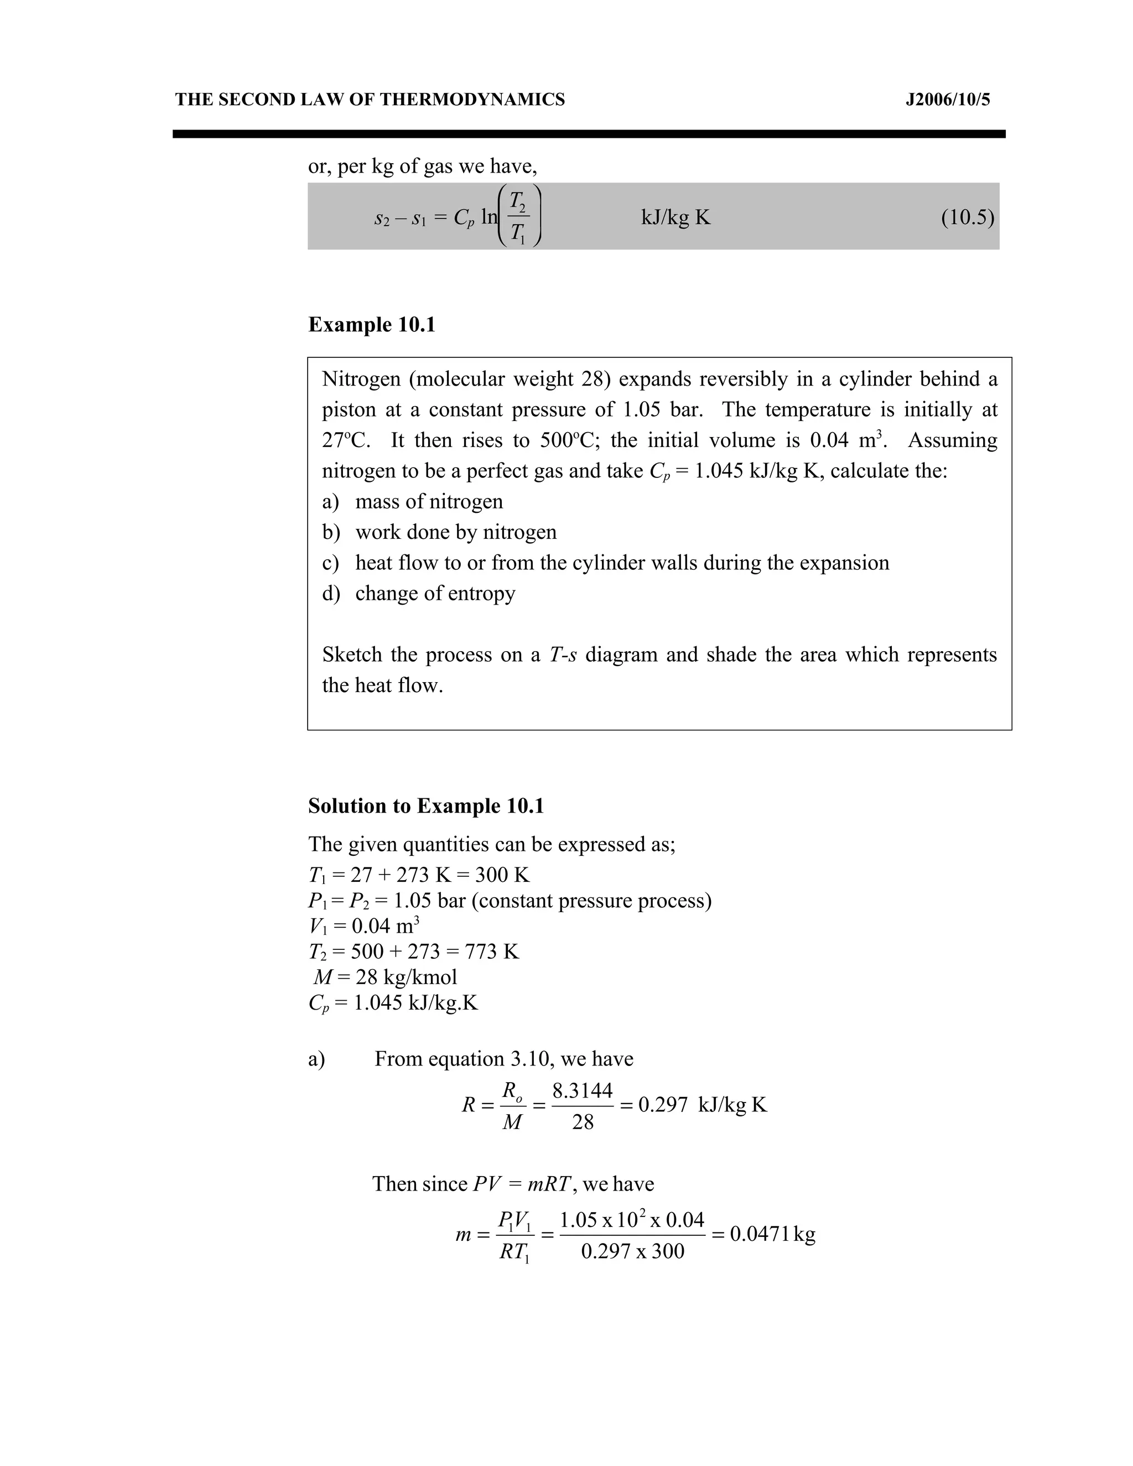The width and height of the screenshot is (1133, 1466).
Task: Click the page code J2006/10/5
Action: click(947, 100)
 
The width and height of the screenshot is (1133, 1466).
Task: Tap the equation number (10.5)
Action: click(967, 217)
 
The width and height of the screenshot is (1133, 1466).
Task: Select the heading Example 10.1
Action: click(372, 325)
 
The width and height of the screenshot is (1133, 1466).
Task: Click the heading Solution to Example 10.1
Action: click(425, 805)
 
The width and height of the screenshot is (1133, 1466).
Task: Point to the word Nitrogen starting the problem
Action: click(362, 380)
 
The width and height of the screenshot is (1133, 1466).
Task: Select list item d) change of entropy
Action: click(419, 594)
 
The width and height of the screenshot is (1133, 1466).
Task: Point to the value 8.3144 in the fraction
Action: click(583, 1091)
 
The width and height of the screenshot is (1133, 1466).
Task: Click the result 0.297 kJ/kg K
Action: click(702, 1105)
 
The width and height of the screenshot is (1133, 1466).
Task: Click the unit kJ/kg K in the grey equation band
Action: click(675, 217)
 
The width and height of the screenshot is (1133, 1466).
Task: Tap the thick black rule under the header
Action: click(589, 134)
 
